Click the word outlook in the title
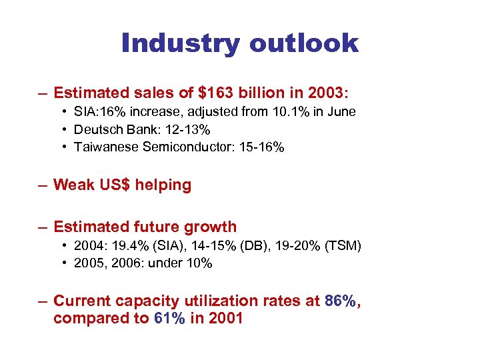304,44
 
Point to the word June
340,111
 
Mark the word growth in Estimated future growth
211,227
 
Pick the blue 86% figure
340,301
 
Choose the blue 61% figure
169,318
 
